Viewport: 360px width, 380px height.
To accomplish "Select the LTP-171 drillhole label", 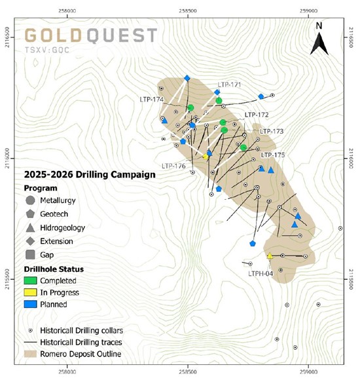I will (229, 85).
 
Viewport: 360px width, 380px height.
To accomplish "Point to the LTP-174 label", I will (151, 99).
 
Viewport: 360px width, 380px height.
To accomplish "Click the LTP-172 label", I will (257, 115).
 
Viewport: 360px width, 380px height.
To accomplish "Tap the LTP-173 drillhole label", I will (272, 131).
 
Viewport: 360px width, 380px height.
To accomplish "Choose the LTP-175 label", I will (273, 155).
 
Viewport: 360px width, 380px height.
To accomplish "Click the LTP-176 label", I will (173, 166).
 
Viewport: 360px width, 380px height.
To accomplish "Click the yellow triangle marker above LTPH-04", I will (270, 256).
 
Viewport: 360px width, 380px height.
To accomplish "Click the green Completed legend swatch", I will (31, 280).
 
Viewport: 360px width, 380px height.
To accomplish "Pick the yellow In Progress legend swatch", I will (31, 292).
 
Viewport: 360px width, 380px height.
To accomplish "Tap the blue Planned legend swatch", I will (31, 304).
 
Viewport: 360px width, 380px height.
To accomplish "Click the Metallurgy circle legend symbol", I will (31, 200).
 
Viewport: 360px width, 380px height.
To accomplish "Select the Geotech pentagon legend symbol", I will (31, 214).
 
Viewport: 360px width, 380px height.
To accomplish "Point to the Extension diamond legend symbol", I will (31, 241).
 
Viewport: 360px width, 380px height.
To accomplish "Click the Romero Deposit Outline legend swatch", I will (31, 354).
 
